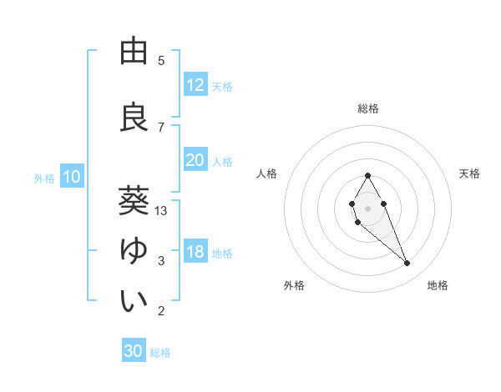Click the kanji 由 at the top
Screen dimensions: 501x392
[134, 53]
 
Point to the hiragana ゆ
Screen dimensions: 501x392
[134, 251]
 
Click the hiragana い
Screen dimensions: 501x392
[134, 301]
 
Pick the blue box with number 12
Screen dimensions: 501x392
[195, 85]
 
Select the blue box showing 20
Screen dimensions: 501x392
[195, 160]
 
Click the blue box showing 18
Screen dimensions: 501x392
[195, 253]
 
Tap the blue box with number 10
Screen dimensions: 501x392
[72, 177]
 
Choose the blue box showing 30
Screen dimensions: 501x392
[134, 351]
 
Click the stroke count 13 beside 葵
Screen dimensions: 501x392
[161, 211]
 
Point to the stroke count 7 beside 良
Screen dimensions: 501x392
[161, 127]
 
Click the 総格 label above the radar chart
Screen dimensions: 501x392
[368, 108]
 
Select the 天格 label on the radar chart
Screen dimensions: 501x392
[470, 173]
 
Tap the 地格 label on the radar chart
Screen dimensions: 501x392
[438, 285]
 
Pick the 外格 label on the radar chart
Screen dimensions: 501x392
[294, 285]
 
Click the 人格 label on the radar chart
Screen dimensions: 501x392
[267, 173]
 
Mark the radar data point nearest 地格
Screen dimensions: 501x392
[407, 264]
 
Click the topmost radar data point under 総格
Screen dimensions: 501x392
[367, 175]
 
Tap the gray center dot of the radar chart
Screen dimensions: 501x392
[367, 207]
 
